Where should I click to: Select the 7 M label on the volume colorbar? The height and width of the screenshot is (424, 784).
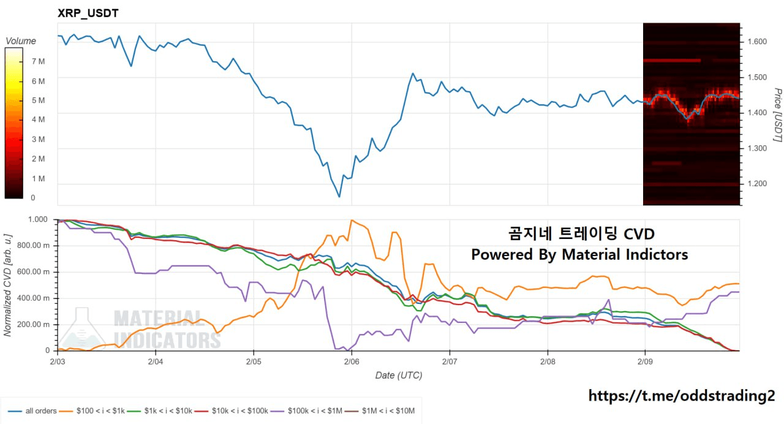click(x=37, y=61)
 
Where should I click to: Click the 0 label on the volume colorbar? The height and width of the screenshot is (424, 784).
click(x=33, y=198)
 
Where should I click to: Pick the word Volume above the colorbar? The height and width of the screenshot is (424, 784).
click(x=21, y=41)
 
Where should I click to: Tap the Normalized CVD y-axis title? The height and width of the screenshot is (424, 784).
click(x=8, y=285)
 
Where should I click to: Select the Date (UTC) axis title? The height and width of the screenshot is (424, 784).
click(x=399, y=375)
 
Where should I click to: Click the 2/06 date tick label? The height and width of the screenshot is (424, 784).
click(x=351, y=362)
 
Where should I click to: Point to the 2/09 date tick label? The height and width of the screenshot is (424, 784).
click(x=644, y=362)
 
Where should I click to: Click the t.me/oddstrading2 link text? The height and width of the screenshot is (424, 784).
click(x=682, y=396)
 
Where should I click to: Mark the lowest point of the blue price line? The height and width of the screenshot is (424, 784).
click(x=339, y=197)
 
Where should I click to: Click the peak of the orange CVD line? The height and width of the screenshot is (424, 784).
click(x=351, y=220)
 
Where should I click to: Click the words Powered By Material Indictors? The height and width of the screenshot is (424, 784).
click(x=579, y=254)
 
